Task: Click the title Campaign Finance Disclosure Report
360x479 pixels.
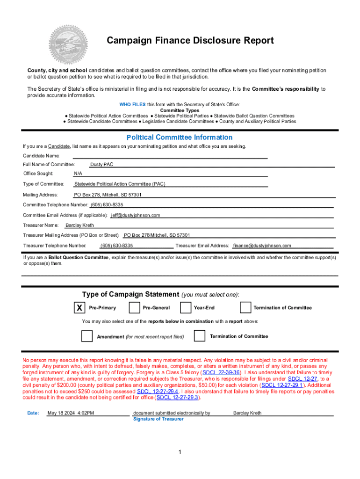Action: tap(190, 41)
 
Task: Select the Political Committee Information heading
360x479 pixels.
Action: tap(180, 137)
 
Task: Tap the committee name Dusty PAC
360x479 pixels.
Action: tap(102, 165)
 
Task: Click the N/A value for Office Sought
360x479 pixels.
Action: tap(78, 174)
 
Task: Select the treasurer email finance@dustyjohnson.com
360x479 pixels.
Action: tap(262, 246)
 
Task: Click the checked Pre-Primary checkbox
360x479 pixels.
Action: tap(80, 307)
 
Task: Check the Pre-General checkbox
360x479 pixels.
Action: tap(134, 307)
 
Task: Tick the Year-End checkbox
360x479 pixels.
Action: tap(186, 307)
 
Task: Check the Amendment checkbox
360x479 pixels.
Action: tap(87, 336)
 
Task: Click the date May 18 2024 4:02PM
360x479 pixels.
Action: tap(71, 413)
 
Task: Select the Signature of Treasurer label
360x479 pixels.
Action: tap(158, 419)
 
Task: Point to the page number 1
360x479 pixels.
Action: tap(180, 452)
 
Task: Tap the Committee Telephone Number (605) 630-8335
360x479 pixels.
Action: tap(107, 205)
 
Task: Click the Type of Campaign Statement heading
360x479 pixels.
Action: tap(130, 294)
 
